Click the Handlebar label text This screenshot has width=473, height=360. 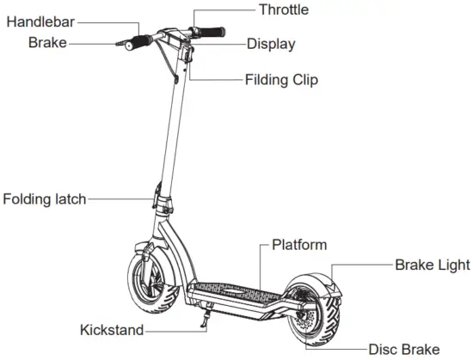pos(39,21)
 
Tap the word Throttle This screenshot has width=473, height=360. pos(283,10)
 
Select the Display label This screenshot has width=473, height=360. pos(271,44)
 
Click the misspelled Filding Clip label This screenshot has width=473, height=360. pos(281,80)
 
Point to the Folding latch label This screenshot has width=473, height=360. pos(44,199)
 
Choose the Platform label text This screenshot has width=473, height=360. pos(299,245)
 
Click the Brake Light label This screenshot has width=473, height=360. pos(433,265)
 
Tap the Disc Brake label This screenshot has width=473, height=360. pos(403,349)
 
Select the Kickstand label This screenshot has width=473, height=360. pos(112,330)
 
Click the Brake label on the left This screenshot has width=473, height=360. pos(46,41)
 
